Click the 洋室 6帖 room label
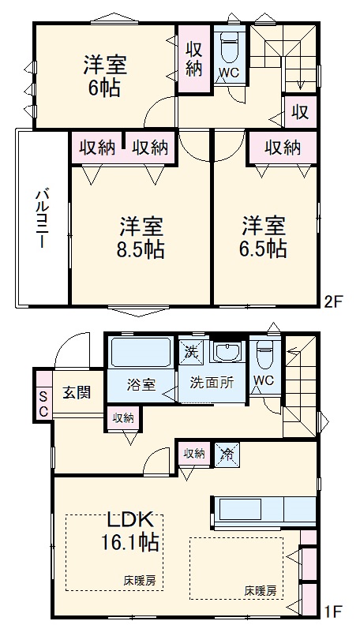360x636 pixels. (105, 76)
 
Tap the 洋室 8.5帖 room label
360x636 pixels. (142, 238)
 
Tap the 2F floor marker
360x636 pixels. (335, 300)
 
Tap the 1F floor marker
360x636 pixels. (334, 610)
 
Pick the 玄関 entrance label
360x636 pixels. (77, 391)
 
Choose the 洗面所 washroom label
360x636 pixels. (211, 380)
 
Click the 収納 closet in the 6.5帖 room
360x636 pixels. (282, 147)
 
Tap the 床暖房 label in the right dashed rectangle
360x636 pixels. (260, 589)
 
